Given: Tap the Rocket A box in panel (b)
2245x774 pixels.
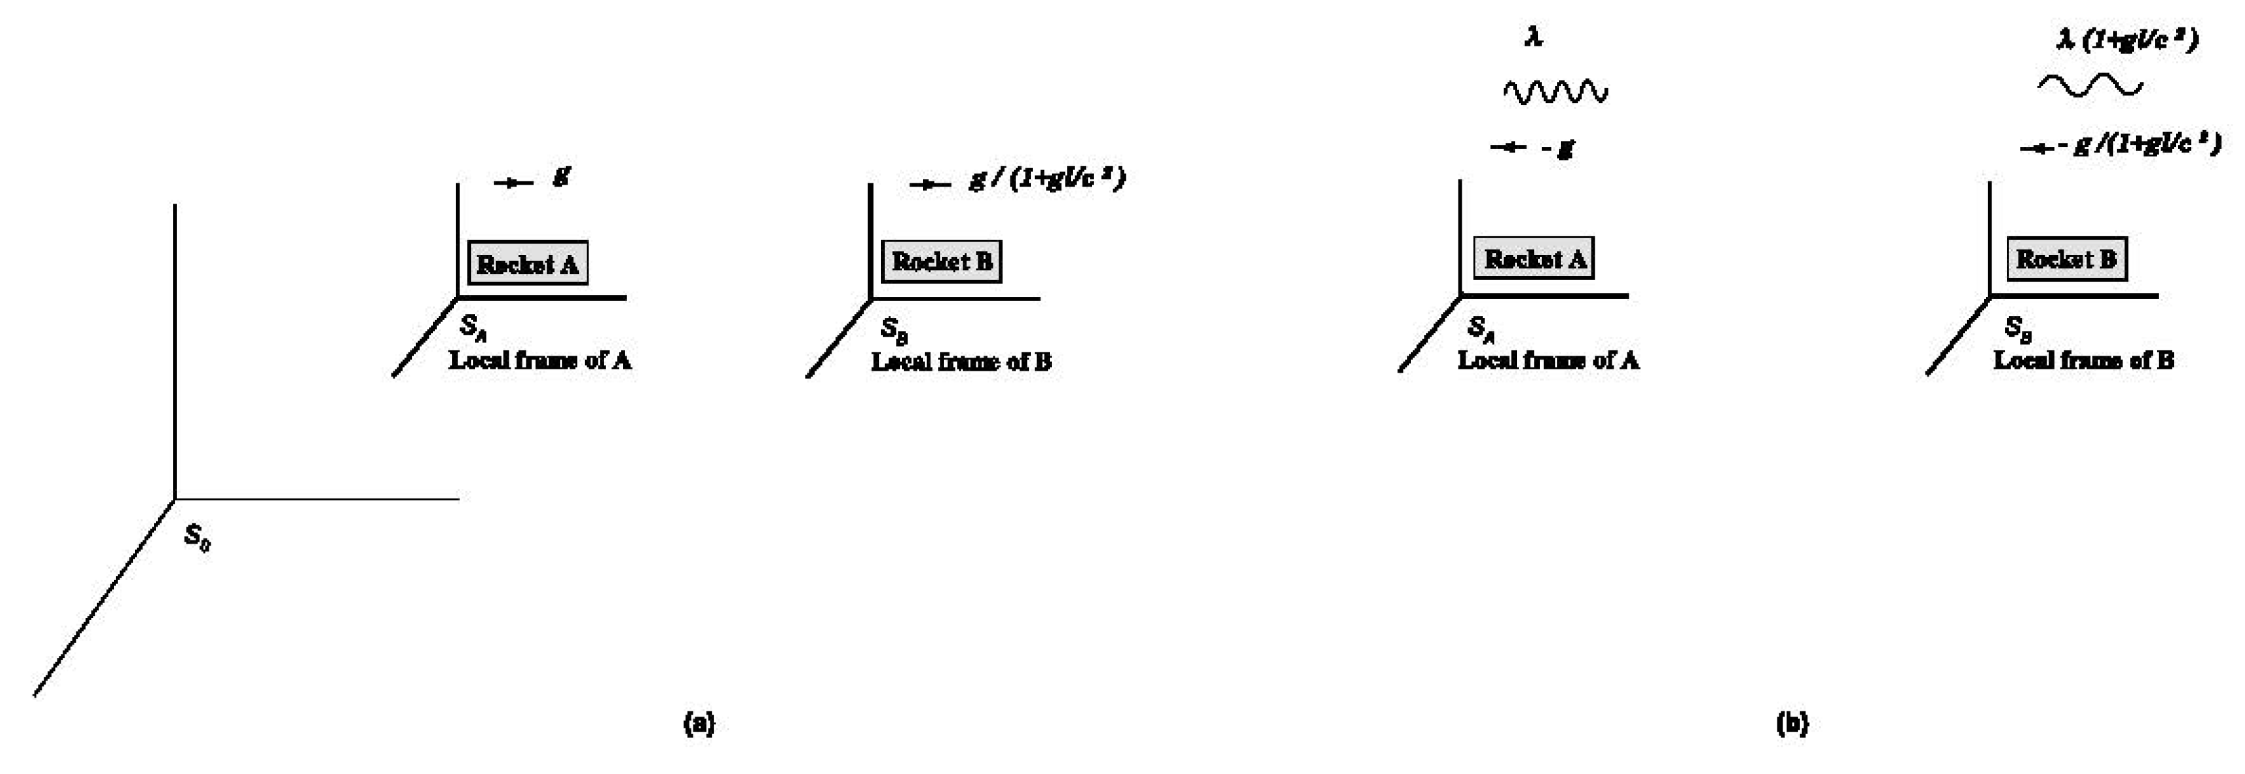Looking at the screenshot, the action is [1534, 259].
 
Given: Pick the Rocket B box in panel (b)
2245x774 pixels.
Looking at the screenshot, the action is [2066, 259].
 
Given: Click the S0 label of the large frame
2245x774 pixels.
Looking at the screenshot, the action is [197, 538].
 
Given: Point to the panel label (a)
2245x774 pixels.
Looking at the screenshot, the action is [700, 724].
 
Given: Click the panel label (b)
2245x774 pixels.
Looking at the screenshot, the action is [1793, 724].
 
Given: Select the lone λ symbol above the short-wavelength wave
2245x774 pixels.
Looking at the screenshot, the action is [1534, 37].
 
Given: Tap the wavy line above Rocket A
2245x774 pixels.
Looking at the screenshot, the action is [1556, 91].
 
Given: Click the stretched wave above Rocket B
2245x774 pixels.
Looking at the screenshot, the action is [2089, 85].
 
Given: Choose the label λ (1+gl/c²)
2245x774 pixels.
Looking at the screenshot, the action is [2126, 40].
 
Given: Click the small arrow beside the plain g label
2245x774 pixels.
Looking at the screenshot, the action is [513, 182].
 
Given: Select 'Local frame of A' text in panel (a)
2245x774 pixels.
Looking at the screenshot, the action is [539, 360].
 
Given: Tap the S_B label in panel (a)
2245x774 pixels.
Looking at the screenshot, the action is [894, 330].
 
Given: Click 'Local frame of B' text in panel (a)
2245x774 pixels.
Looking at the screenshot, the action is [961, 361].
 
